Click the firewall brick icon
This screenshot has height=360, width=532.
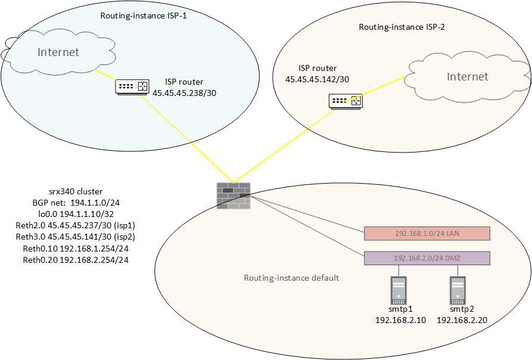234,195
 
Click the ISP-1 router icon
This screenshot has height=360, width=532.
132,87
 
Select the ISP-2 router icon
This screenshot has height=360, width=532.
345,101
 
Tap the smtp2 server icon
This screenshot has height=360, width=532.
458,290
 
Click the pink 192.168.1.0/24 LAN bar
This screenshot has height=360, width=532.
427,233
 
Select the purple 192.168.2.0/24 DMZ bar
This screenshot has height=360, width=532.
427,258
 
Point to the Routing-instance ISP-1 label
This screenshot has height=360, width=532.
151,15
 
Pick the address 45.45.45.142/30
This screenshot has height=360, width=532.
318,79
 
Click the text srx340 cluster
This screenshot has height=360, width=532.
76,191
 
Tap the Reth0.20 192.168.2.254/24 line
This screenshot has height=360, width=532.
76,260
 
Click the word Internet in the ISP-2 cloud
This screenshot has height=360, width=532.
467,76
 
